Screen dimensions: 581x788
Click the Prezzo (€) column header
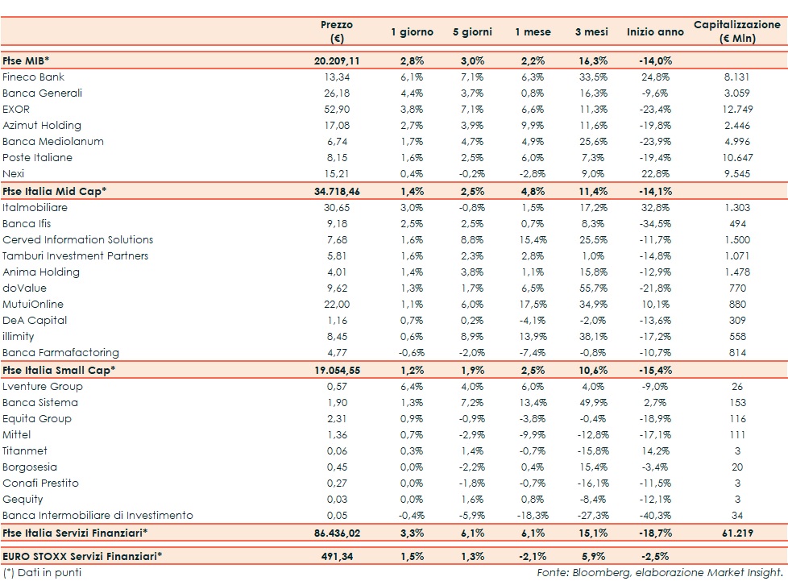(336, 31)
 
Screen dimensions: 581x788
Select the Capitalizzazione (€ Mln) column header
(737, 31)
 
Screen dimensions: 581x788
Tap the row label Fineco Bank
(34, 77)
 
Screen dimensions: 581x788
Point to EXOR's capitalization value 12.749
(737, 110)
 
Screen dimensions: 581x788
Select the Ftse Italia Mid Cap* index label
(55, 191)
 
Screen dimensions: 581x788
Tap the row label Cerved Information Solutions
(78, 240)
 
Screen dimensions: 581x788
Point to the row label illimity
(20, 337)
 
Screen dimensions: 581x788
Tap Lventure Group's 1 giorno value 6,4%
(412, 387)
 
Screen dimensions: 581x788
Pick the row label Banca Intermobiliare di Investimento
(97, 516)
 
